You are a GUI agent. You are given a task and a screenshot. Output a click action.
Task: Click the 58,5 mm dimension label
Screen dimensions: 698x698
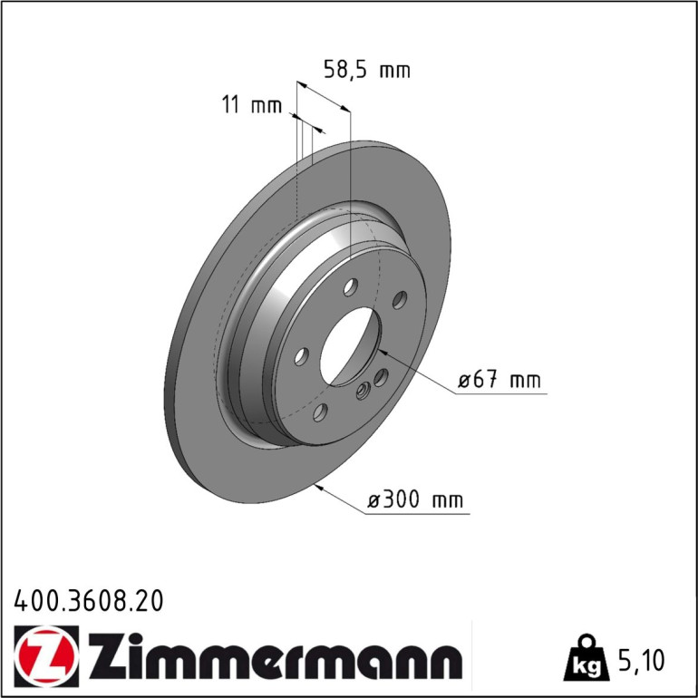[367, 71]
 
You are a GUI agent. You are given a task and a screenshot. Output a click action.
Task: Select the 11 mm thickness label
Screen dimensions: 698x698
[251, 105]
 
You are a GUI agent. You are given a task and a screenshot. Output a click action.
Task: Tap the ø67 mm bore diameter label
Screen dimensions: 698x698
[499, 380]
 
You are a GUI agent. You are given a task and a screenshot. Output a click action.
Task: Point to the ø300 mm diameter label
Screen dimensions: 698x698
[415, 499]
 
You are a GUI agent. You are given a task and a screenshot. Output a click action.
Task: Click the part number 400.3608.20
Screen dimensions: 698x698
[89, 601]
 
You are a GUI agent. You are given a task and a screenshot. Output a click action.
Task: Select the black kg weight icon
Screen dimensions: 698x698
[587, 659]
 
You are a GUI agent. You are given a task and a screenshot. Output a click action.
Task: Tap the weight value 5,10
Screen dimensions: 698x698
[641, 660]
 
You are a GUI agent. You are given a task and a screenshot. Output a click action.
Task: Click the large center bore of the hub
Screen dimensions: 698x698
[350, 346]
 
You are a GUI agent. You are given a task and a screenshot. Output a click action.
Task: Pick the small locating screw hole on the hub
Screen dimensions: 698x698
[364, 391]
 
